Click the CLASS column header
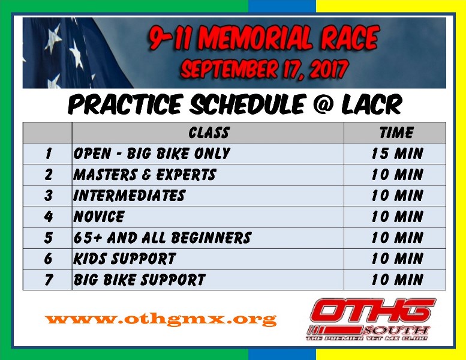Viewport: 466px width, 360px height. click(208, 133)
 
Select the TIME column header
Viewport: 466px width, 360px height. click(395, 133)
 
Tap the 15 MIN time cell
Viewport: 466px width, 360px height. click(395, 154)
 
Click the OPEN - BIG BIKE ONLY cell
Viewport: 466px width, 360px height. click(208, 154)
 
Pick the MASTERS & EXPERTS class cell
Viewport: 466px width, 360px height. click(208, 175)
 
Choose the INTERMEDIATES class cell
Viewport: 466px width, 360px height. click(208, 196)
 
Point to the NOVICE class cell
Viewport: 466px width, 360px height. click(208, 217)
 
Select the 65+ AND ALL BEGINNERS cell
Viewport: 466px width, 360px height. click(208, 238)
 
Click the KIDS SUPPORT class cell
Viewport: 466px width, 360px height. click(208, 259)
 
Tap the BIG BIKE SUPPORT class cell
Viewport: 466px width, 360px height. click(208, 280)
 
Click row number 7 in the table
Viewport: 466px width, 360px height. click(49, 280)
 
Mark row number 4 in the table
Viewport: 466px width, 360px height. click(49, 217)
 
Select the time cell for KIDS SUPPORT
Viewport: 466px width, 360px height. click(395, 259)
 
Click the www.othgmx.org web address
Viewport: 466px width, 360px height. click(161, 320)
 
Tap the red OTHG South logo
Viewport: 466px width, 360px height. click(370, 320)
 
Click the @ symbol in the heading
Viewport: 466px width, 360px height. click(323, 104)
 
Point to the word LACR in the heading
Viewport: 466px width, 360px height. click(371, 104)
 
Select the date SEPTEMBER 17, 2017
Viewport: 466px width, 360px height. click(264, 69)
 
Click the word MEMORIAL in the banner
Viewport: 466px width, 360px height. click(258, 38)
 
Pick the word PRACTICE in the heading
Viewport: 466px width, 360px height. click(124, 104)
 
